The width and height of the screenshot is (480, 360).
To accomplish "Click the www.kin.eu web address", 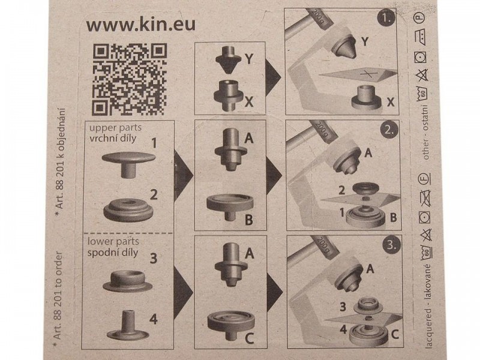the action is point(141,25).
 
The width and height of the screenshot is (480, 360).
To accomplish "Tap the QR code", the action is point(130,79).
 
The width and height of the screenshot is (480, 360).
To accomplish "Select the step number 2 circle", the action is point(389,130).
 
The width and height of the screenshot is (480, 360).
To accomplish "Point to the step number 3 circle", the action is point(392,245).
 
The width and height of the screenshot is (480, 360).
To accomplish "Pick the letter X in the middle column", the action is point(249,101).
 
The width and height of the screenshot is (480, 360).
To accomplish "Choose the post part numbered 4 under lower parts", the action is point(128,325).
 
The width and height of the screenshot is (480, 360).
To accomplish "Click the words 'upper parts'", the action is point(115,128).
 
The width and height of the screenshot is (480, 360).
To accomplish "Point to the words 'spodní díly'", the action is point(113,253).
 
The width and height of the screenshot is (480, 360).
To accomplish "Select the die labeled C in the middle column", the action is point(231,325).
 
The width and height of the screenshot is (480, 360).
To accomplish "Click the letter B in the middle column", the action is point(249,220).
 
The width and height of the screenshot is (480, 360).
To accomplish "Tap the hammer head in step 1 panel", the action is point(319,19).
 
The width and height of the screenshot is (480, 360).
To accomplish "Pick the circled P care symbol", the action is point(419,17).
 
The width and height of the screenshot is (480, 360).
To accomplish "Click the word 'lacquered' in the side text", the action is point(428,328).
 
